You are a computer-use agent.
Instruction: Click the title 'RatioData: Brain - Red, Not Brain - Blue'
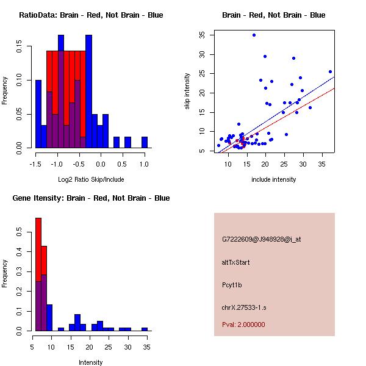91,15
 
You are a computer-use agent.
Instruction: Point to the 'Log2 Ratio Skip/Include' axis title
91,179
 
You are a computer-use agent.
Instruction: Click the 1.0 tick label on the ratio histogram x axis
144,164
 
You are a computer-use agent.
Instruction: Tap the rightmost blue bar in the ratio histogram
145,142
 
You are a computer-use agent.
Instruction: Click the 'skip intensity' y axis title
188,91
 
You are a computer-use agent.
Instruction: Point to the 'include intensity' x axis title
274,179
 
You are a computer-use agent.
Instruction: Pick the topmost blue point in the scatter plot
254,35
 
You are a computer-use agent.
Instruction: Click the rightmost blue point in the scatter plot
330,72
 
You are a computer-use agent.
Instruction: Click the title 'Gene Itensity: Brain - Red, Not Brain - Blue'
91,198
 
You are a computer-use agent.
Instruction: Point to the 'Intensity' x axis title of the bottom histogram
91,362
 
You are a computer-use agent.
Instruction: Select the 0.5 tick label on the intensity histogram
19,232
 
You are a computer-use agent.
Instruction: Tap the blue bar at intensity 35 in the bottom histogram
145,329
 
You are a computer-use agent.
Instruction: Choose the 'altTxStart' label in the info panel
236,262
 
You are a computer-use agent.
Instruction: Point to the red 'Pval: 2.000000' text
243,325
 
